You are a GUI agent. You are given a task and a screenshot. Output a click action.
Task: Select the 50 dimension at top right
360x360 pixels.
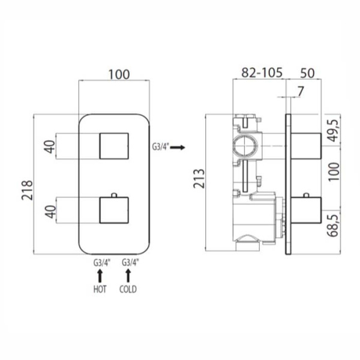click(x=307, y=74)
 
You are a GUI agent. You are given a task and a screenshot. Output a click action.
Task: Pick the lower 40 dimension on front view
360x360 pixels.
click(x=52, y=211)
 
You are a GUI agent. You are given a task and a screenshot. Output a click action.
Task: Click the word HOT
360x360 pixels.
click(x=100, y=289)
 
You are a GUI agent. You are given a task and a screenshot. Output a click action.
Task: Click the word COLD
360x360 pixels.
click(x=128, y=289)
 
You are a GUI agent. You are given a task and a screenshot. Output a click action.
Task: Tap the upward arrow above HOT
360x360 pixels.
click(x=100, y=275)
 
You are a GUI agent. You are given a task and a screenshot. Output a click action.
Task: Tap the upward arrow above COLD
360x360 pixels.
click(x=128, y=275)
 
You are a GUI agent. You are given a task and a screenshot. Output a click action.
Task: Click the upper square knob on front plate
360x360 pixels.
click(x=113, y=145)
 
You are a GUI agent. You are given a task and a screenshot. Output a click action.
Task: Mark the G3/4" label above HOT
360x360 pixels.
click(x=100, y=262)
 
